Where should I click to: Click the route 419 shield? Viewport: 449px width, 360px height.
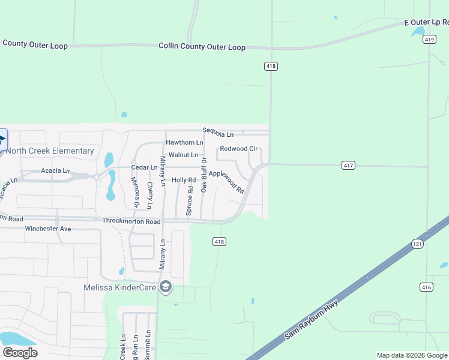click(x=429, y=40)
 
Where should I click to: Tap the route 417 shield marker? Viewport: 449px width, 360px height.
click(x=348, y=165)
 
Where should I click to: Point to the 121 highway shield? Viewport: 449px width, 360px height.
click(x=418, y=244)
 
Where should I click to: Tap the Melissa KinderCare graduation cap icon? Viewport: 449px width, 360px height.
click(x=166, y=288)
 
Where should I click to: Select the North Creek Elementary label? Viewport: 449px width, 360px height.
click(x=50, y=151)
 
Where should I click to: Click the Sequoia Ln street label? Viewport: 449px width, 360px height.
click(x=218, y=132)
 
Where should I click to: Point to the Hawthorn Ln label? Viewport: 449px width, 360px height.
click(x=184, y=143)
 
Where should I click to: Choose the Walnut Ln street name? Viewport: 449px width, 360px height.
click(x=183, y=155)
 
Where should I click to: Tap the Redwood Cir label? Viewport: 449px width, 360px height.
click(x=238, y=148)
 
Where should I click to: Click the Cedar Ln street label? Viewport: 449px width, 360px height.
click(x=144, y=167)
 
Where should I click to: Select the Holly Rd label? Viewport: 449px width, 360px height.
click(x=184, y=180)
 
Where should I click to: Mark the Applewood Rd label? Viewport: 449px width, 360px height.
click(x=226, y=182)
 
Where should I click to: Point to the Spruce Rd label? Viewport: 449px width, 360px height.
click(x=190, y=201)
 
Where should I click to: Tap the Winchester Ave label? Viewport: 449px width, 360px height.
click(x=48, y=229)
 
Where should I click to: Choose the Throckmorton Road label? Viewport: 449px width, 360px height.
click(x=131, y=221)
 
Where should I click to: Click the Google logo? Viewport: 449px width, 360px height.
click(x=20, y=352)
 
